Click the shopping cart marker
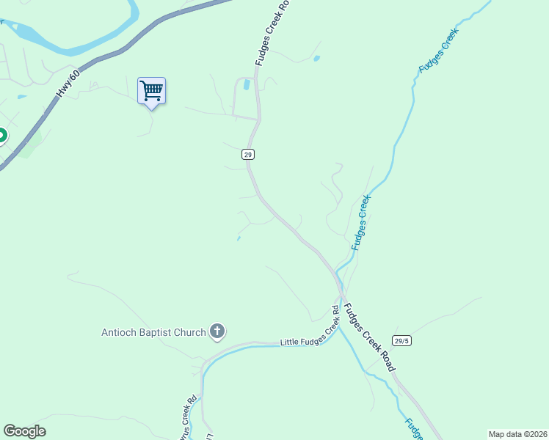click(151, 92)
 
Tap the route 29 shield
click(248, 154)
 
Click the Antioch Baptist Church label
click(153, 332)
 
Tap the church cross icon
click(217, 332)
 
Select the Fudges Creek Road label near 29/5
click(370, 337)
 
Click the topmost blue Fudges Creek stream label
click(439, 50)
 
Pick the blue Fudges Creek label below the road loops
click(362, 222)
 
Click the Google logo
click(24, 431)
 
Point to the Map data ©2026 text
click(517, 434)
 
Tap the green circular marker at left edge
click(1, 136)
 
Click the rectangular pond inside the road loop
click(247, 85)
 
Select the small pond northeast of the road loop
click(316, 58)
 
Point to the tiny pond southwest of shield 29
click(239, 238)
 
